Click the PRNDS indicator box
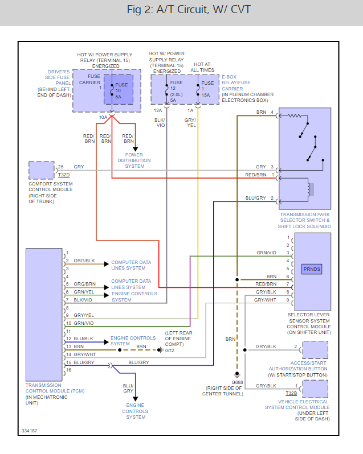[312, 269]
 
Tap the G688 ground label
[237, 382]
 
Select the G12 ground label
[170, 350]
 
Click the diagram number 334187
[29, 431]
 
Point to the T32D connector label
[64, 175]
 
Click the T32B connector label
[291, 393]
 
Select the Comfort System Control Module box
[42, 170]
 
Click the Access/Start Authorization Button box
[315, 350]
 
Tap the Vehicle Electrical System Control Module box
[315, 389]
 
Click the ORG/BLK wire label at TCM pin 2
[84, 261]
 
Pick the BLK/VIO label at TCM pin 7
[83, 300]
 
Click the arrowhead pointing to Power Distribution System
[136, 149]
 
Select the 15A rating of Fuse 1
[206, 95]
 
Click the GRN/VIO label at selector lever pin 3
[266, 253]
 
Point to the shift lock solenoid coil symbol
[309, 189]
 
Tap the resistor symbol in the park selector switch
[294, 116]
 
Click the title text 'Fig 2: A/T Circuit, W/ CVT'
[189, 10]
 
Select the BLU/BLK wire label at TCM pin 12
[84, 339]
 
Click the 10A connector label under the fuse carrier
[103, 117]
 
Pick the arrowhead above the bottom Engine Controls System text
[136, 399]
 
